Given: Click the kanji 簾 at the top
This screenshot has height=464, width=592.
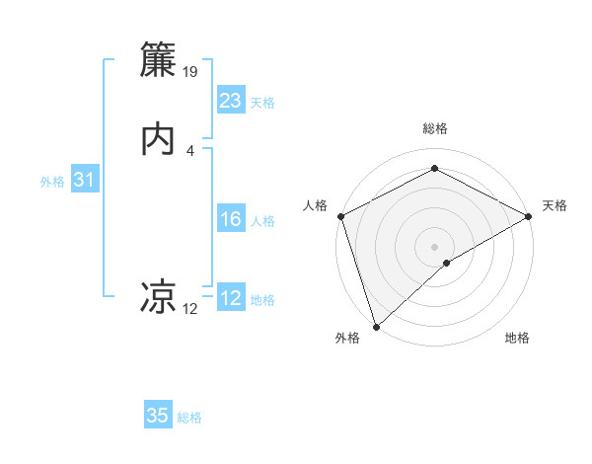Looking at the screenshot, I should click(x=160, y=60).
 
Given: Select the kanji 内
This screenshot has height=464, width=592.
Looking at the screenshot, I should click(x=160, y=139).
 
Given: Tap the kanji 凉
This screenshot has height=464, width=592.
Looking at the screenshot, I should click(x=160, y=297).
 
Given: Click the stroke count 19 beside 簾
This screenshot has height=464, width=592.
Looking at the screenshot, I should click(x=191, y=72).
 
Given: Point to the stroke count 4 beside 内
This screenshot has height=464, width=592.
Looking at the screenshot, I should click(x=190, y=150).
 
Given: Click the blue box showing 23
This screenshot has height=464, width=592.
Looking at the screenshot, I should click(x=231, y=101).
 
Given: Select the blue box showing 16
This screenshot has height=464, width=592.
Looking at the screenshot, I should click(x=231, y=220).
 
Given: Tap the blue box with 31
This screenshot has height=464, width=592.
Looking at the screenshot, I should click(x=84, y=181).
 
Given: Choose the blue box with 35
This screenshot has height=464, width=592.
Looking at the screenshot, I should click(x=158, y=416).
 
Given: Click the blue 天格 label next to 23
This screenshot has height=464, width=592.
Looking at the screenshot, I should click(x=261, y=103).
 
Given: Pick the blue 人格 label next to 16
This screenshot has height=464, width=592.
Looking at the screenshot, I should click(x=262, y=221).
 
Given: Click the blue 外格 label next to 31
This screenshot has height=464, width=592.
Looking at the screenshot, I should click(x=52, y=182).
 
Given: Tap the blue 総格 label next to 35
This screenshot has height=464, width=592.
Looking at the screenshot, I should click(x=189, y=418).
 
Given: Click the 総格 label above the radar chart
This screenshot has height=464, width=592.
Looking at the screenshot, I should click(x=434, y=128).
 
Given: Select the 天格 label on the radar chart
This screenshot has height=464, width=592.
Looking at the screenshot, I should click(x=555, y=205).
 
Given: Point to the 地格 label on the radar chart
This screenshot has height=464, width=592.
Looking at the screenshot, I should click(x=517, y=339).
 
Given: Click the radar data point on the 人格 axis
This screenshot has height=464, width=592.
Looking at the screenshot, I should click(x=340, y=216).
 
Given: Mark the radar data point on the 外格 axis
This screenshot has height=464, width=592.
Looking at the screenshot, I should click(x=376, y=327).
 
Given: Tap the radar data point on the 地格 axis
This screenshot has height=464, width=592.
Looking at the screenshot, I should click(x=447, y=263).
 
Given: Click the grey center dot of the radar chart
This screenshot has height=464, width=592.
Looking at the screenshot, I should click(x=434, y=246).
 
